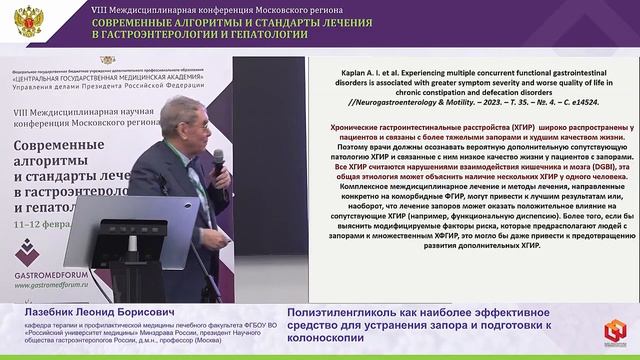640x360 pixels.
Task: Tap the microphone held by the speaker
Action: (218, 159)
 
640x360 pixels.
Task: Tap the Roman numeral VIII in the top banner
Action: (100, 6)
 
